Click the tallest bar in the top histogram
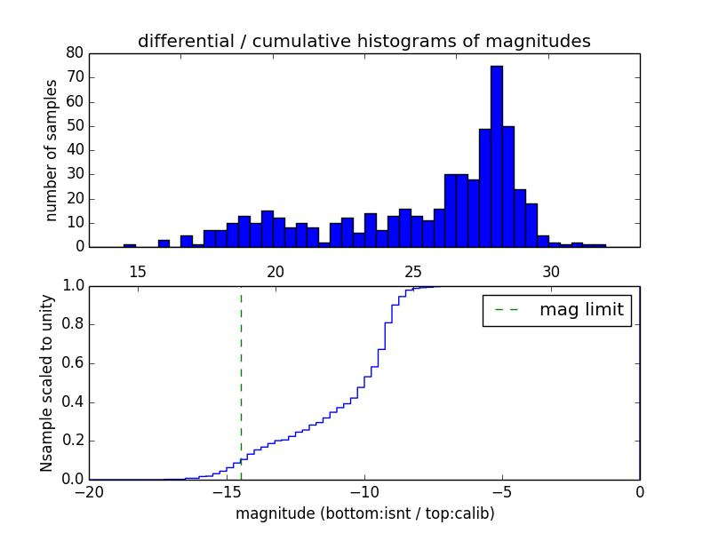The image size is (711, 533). click(496, 156)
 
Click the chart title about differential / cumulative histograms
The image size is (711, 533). click(363, 41)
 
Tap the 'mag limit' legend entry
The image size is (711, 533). click(557, 310)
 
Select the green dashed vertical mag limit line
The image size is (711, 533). click(241, 382)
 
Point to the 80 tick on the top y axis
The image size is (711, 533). click(75, 52)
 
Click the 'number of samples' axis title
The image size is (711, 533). click(52, 150)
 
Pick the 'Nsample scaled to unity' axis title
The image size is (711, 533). click(46, 382)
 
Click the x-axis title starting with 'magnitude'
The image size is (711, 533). click(364, 513)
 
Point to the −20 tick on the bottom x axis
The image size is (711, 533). click(89, 493)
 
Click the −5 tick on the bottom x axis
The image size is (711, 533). click(502, 493)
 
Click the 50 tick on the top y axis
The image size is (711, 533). click(75, 125)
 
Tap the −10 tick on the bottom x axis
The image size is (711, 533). click(364, 493)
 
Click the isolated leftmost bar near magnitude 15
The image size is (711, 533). click(130, 245)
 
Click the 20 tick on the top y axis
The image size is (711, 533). click(75, 198)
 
